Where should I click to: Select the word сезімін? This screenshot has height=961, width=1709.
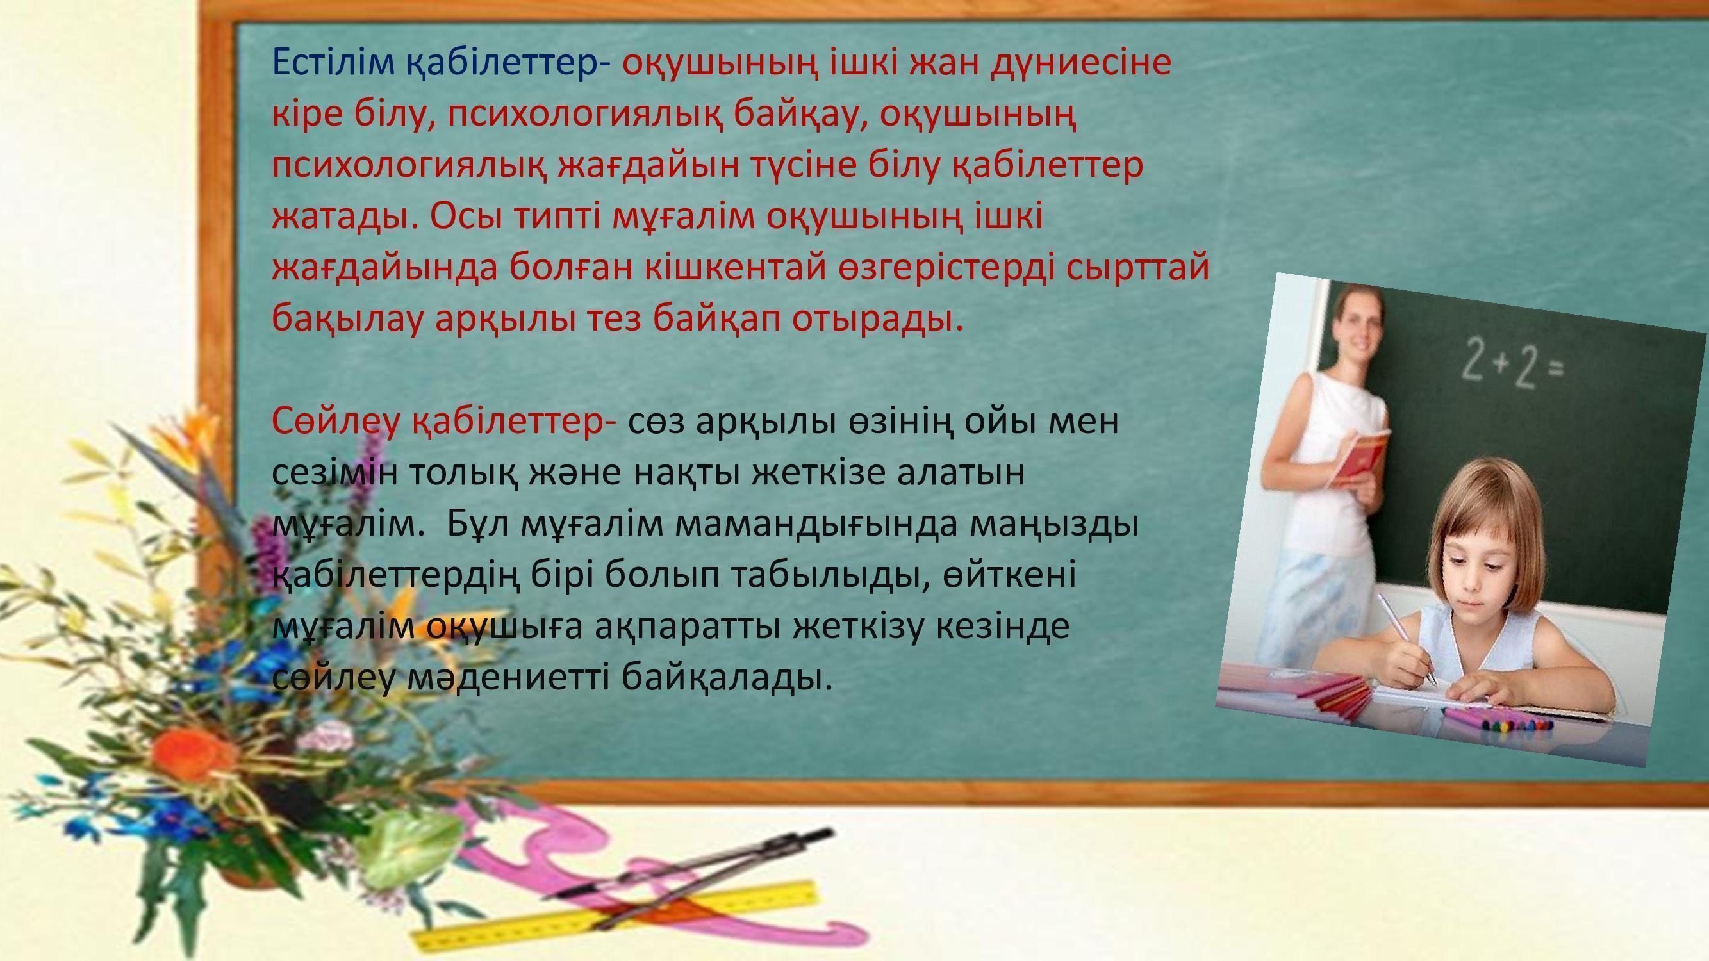(335, 473)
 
